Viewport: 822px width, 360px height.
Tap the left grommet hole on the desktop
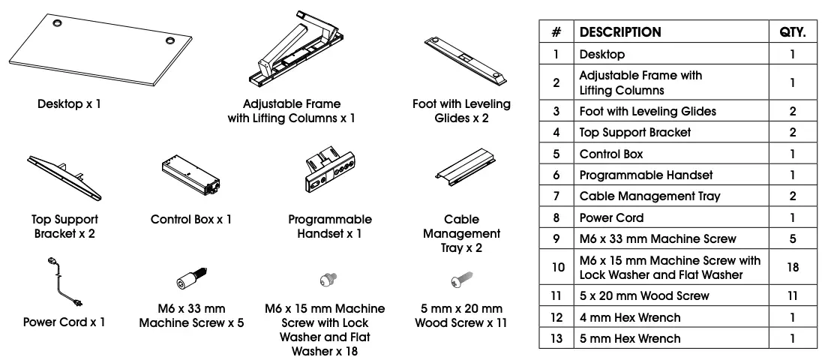pyautogui.click(x=58, y=23)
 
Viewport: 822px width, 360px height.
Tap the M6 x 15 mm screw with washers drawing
pyautogui.click(x=326, y=279)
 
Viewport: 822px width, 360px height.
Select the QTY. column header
pyautogui.click(x=792, y=32)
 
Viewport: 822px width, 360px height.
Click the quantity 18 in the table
pyautogui.click(x=792, y=267)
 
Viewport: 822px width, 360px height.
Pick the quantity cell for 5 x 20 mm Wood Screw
pyautogui.click(x=792, y=295)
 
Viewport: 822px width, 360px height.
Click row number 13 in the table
pyautogui.click(x=556, y=338)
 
